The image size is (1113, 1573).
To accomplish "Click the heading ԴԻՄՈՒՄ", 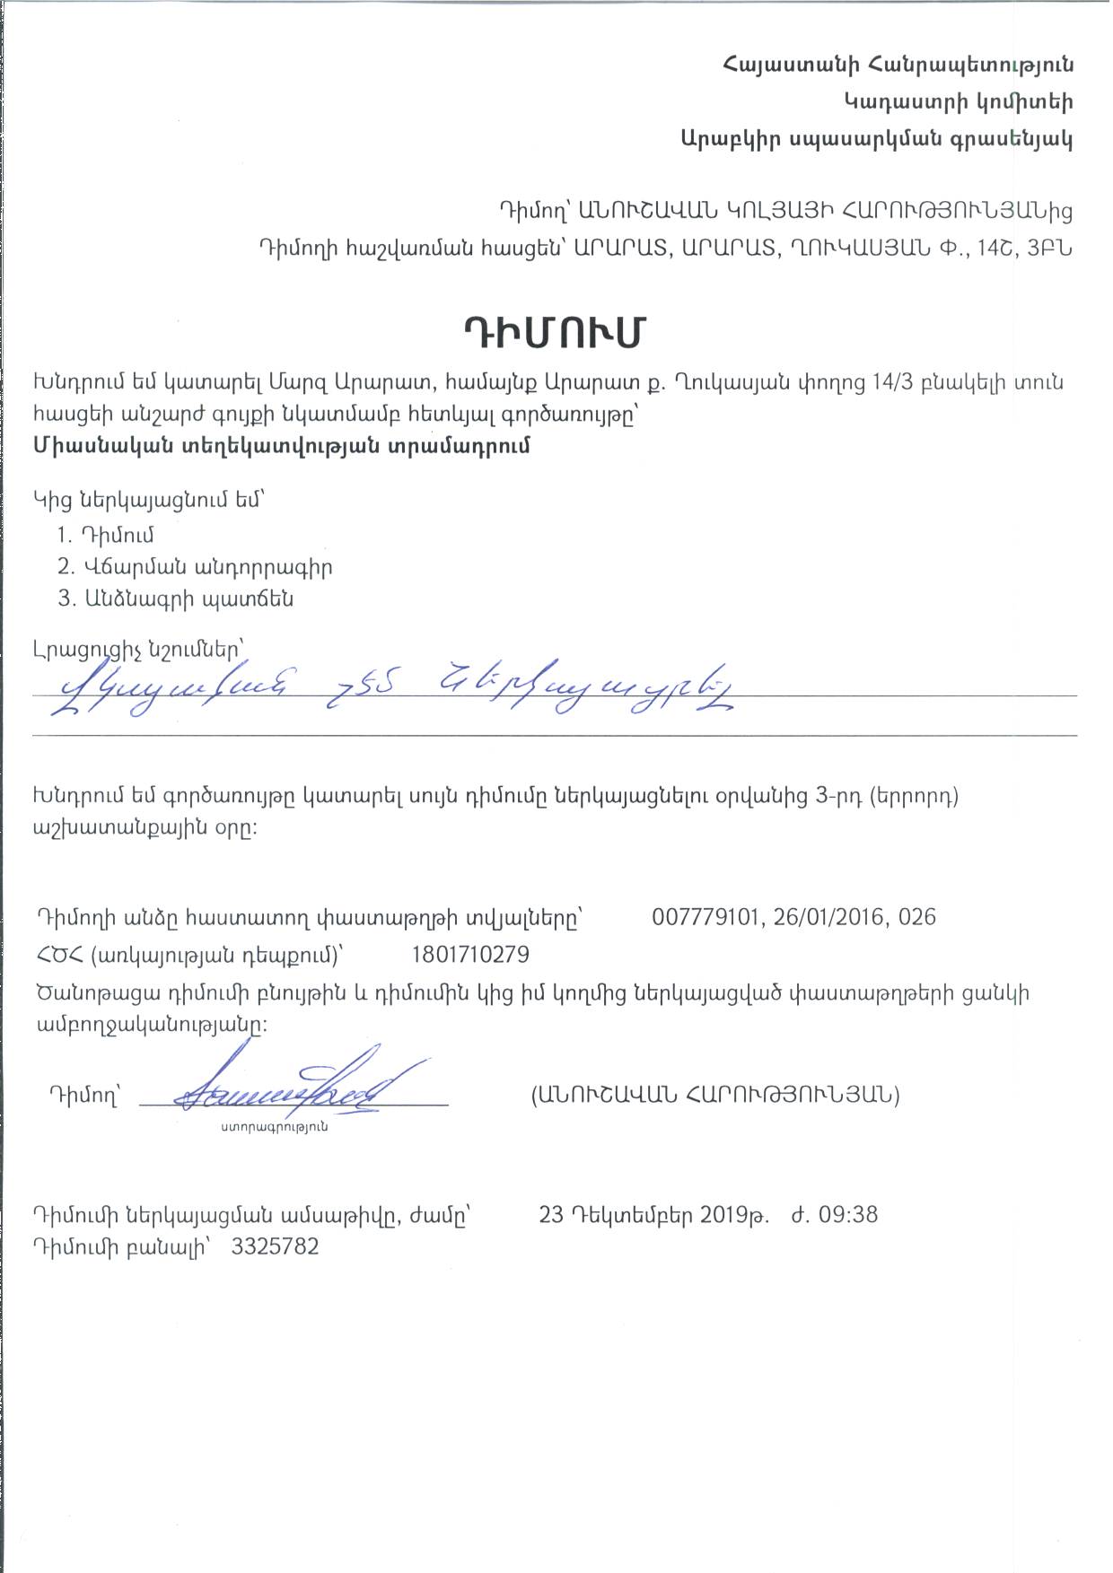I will [556, 333].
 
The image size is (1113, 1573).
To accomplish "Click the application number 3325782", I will [275, 1247].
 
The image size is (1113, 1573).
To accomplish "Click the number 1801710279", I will [470, 954].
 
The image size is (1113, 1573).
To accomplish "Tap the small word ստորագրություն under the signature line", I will [275, 1126].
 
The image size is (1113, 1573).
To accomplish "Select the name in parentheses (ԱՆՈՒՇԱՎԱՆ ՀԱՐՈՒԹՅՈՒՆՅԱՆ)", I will [715, 1095].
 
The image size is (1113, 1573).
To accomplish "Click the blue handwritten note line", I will [395, 688].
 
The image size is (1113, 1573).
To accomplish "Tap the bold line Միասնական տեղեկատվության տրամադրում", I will [282, 446].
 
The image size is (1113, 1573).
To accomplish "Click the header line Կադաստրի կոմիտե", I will [958, 102].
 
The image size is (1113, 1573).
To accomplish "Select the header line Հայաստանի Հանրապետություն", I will [897, 65].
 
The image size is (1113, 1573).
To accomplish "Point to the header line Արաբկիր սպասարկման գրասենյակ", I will [876, 139].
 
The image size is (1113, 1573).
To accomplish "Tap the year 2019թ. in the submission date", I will [734, 1215].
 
